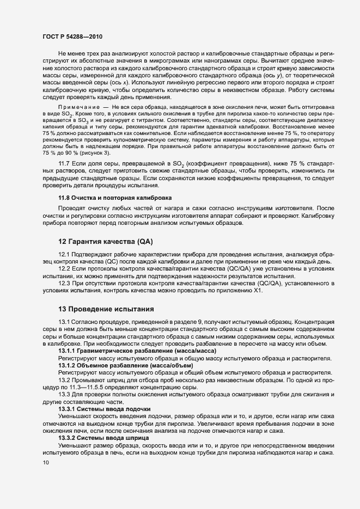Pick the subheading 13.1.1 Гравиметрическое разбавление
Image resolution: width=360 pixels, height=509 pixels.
pyautogui.click(x=130, y=351)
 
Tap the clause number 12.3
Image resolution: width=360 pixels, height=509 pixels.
pyautogui.click(x=64, y=283)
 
